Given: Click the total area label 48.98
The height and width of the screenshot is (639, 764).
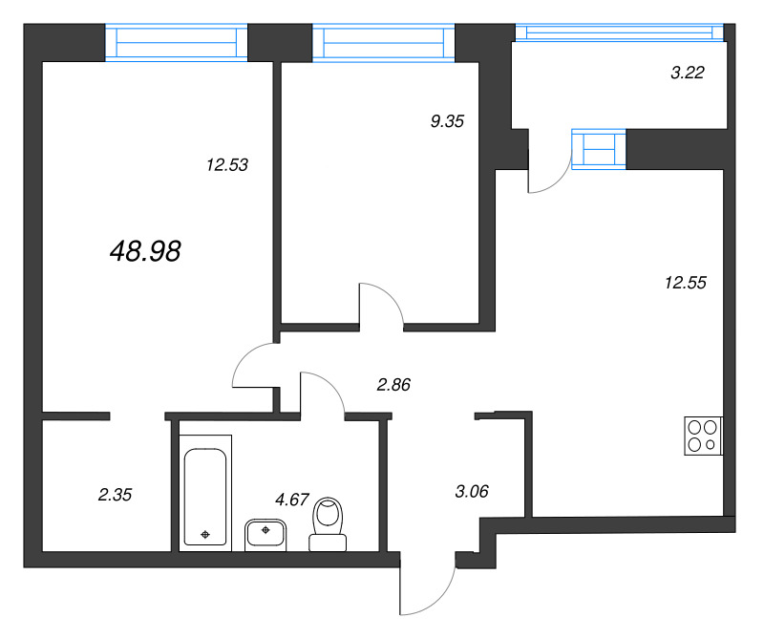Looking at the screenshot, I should click(x=146, y=251).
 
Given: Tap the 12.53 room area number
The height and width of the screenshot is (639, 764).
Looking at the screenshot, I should click(x=226, y=164).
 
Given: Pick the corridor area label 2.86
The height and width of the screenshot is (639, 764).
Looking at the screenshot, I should click(x=394, y=385).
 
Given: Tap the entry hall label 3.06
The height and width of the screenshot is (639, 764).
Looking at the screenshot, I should click(x=472, y=492).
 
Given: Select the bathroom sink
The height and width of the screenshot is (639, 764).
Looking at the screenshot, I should click(x=266, y=533).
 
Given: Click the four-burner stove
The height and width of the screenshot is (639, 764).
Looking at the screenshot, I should click(x=704, y=436).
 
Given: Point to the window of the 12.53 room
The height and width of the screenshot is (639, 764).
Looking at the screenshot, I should click(x=176, y=43).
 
